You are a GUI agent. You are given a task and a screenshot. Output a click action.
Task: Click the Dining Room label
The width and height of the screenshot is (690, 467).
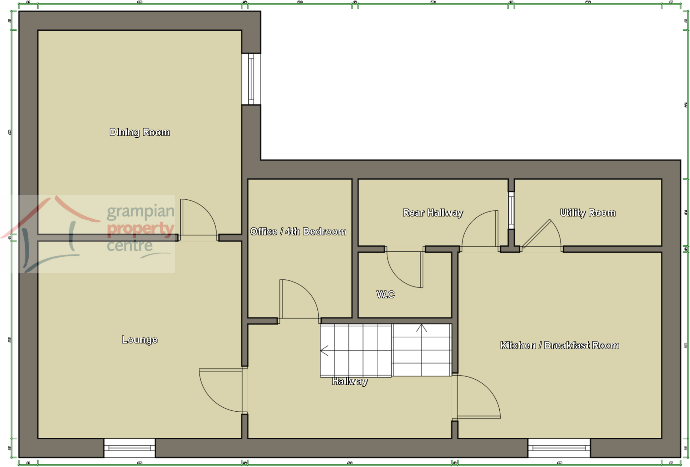[139, 132]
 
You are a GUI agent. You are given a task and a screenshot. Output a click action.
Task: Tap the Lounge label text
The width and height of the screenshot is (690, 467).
[139, 339]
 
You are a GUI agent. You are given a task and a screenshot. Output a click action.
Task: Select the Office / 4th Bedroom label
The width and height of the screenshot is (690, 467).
[298, 231]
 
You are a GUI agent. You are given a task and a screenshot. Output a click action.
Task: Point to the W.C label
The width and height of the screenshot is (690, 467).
[385, 294]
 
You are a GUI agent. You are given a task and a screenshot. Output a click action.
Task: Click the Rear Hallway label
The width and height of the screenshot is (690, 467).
[433, 213]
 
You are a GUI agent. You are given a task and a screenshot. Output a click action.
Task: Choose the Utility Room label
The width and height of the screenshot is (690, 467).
[588, 213]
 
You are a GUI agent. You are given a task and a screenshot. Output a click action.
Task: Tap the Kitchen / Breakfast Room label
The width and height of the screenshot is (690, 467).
[559, 345]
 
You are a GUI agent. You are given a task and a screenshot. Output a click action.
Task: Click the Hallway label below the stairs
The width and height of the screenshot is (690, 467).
[350, 381]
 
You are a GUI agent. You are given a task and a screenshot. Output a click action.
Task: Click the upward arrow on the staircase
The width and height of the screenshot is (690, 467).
[421, 328]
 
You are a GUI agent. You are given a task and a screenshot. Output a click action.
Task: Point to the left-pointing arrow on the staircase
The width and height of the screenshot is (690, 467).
[324, 351]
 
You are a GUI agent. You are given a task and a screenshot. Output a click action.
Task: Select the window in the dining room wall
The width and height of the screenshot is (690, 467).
[251, 79]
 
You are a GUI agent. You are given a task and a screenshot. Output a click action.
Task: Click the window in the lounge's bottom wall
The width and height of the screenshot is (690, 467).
[129, 448]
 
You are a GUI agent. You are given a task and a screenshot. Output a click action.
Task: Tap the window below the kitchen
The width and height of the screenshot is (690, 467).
[559, 448]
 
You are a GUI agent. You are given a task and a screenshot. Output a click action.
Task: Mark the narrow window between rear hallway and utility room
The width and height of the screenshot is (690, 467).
[511, 210]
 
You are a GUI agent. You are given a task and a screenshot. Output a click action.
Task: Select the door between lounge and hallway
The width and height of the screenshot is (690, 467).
[221, 391]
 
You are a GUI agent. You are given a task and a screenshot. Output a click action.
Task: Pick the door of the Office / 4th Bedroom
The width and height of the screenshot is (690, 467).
[298, 299]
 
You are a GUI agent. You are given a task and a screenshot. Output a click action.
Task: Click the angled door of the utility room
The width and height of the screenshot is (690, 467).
[537, 233]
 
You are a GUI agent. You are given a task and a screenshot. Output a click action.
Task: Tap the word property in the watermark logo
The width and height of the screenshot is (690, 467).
[140, 228]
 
